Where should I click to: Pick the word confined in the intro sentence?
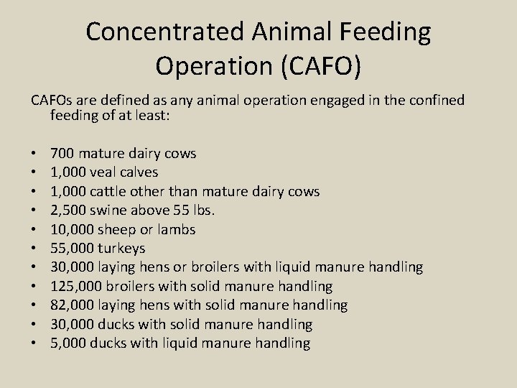[439, 100]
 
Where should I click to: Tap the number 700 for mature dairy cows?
[62, 153]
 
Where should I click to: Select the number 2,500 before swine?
[67, 211]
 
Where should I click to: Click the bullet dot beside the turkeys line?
[35, 249]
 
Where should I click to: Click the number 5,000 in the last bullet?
[67, 343]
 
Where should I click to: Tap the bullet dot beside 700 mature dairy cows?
[35, 153]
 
